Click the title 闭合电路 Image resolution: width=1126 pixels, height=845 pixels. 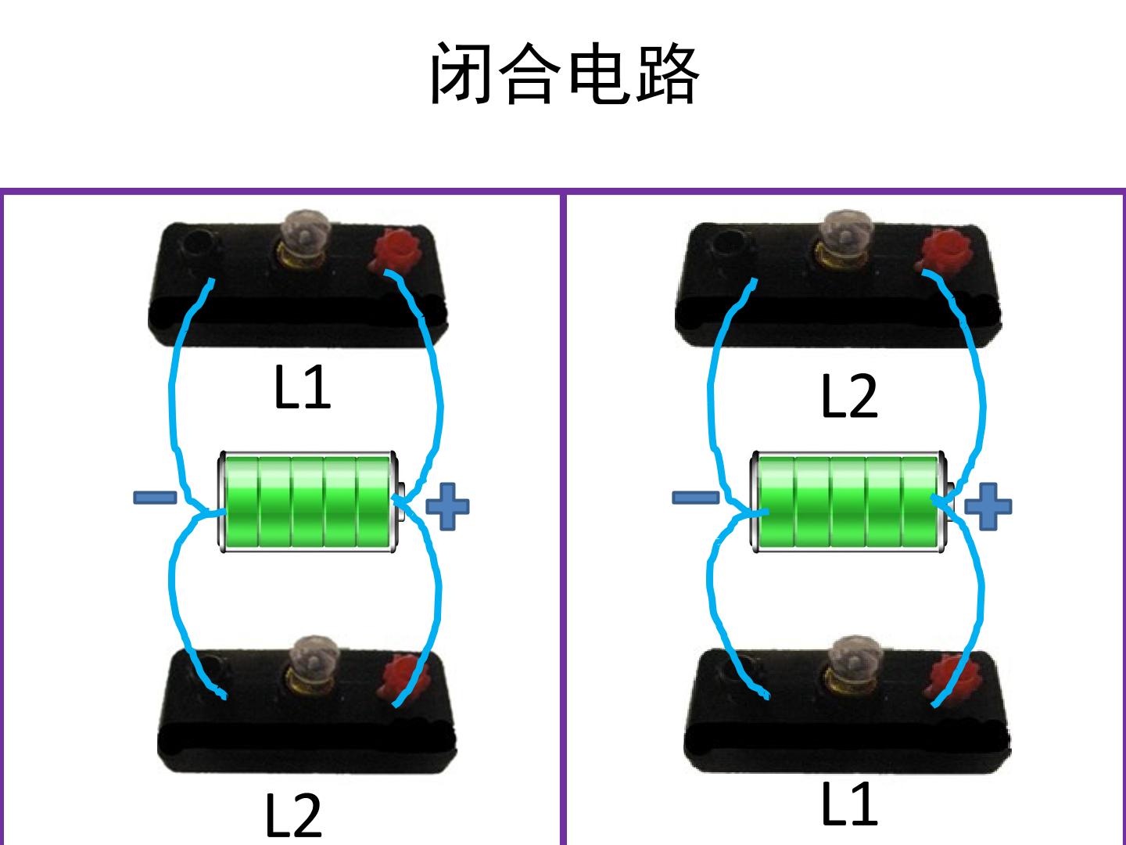tap(565, 74)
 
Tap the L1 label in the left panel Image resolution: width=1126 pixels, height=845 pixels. tap(302, 387)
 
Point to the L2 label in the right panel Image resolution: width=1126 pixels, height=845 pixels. tap(849, 396)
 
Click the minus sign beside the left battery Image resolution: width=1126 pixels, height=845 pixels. tap(155, 497)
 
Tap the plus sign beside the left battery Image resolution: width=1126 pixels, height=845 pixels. tap(447, 506)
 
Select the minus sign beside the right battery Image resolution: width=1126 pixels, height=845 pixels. tap(695, 497)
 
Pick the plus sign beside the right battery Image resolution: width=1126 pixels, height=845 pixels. tap(988, 506)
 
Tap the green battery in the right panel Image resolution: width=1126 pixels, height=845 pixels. tap(851, 502)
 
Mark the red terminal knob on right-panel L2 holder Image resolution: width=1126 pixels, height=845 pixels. tap(945, 250)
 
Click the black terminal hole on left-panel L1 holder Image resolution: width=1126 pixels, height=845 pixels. tap(199, 243)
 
